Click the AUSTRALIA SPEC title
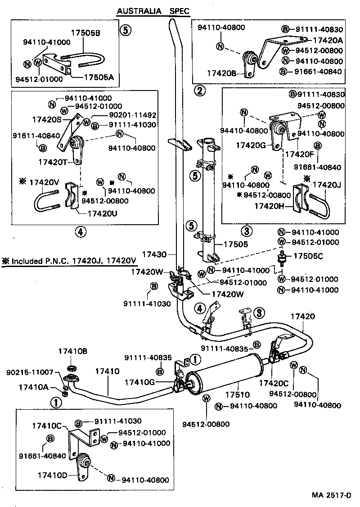(x=153, y=11)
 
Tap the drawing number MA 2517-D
(x=331, y=495)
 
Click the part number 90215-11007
(x=30, y=373)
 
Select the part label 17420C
(x=274, y=383)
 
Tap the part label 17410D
(x=53, y=475)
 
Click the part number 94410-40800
(x=244, y=131)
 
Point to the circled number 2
(x=200, y=91)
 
